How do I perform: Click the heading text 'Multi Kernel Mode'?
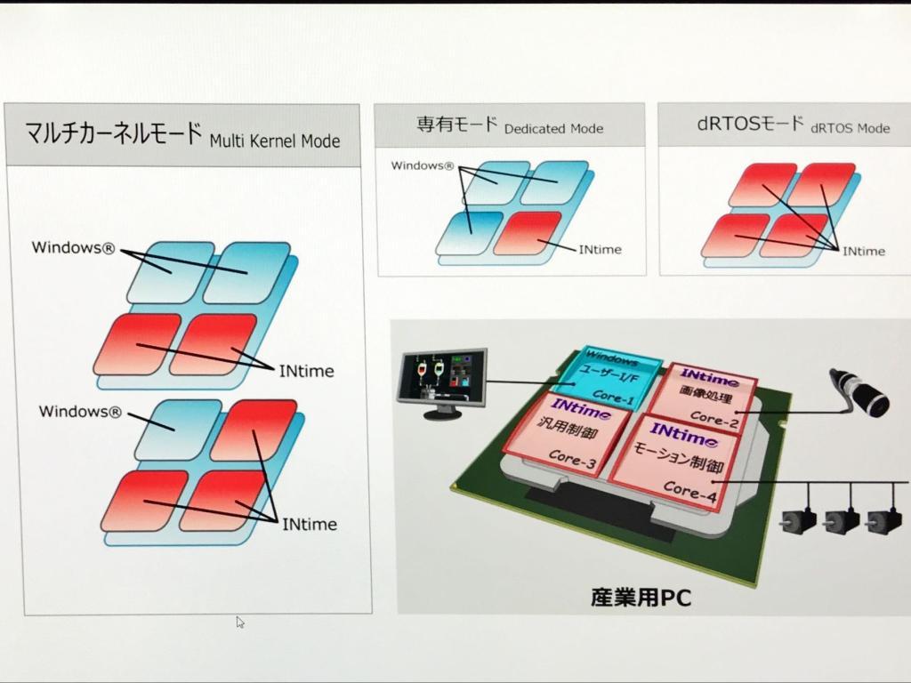(x=275, y=141)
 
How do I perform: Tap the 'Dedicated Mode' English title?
(x=553, y=128)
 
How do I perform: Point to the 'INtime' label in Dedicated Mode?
(x=601, y=249)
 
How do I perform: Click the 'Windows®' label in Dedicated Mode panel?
(x=423, y=165)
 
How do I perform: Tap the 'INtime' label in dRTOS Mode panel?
(x=864, y=251)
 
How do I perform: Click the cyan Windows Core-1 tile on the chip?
(x=607, y=378)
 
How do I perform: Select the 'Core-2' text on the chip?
(x=714, y=420)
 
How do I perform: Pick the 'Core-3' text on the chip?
(x=572, y=458)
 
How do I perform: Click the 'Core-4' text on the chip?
(x=690, y=491)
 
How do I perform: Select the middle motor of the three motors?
(x=842, y=520)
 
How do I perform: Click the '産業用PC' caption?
(x=641, y=597)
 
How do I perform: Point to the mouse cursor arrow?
(x=240, y=622)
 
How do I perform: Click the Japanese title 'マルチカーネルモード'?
(x=113, y=133)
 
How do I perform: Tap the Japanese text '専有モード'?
(x=456, y=125)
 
